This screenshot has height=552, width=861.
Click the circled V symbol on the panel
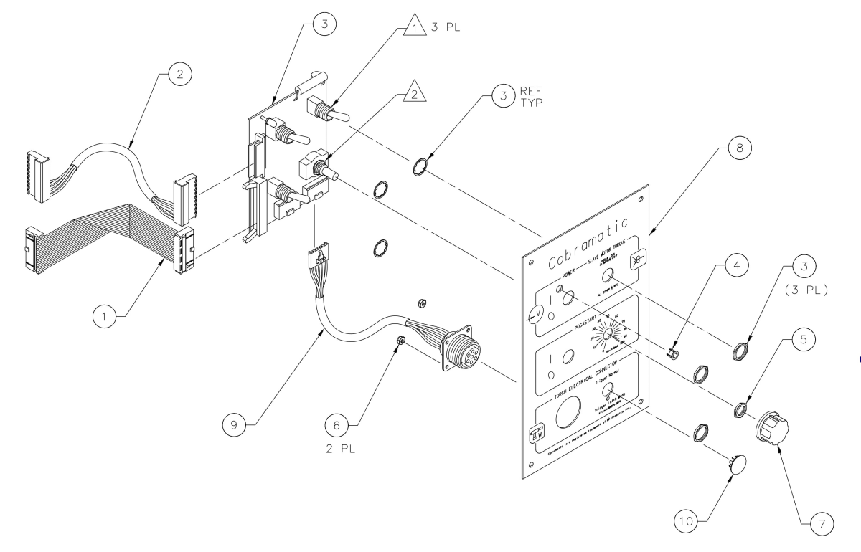click(x=532, y=313)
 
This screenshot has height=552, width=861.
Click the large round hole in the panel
click(x=566, y=415)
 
